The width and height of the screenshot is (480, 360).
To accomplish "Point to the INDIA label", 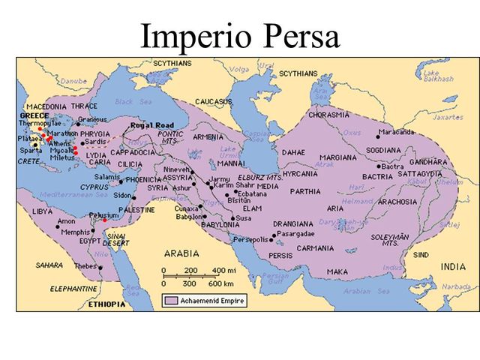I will (x=452, y=266).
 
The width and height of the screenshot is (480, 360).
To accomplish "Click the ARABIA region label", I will (x=184, y=253).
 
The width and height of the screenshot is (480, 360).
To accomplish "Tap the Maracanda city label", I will (x=397, y=132).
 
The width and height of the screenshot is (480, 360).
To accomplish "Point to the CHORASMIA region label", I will (x=328, y=115).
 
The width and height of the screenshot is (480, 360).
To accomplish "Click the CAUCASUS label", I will (x=214, y=100).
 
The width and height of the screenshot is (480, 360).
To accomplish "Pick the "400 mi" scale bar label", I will (x=223, y=270).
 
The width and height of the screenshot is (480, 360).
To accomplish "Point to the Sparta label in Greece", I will (x=31, y=150).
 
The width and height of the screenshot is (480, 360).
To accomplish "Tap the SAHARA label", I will (x=49, y=265).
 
